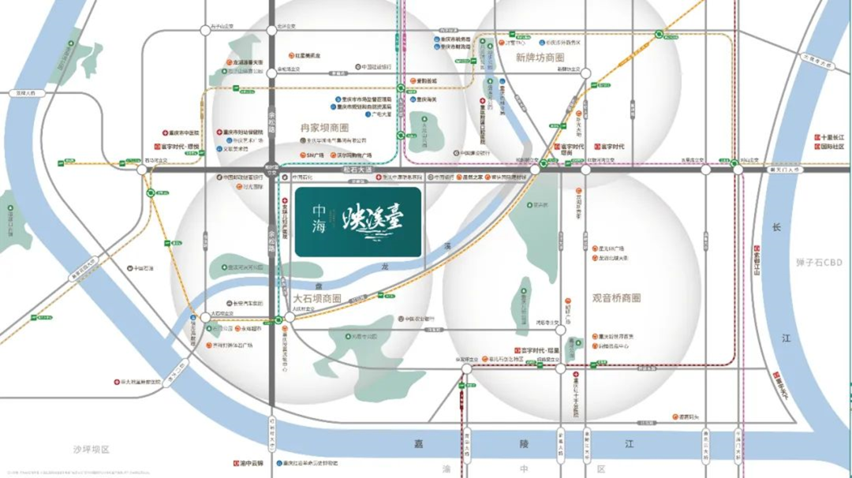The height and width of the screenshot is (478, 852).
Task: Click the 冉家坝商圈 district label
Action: pos(324,127)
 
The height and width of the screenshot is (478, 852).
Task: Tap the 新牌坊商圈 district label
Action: pos(540,58)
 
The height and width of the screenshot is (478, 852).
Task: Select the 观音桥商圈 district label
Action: pos(616,298)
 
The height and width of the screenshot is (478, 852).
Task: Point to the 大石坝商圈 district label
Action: pos(317,299)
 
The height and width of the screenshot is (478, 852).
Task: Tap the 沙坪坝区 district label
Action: pos(92,450)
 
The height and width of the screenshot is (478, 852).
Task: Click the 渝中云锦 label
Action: pos(253,463)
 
